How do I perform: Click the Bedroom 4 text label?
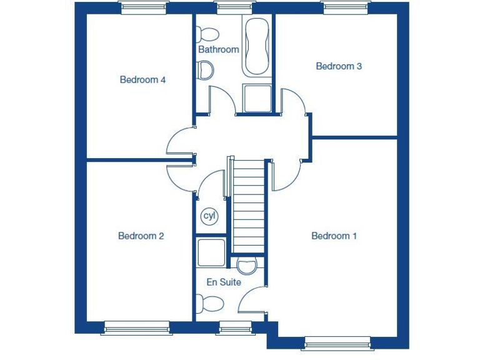click(142, 80)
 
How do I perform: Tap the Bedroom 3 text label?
click(339, 66)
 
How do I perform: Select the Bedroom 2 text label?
click(141, 236)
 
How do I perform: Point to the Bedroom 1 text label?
click(334, 236)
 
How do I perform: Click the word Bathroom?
click(219, 49)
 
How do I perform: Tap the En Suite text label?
click(224, 282)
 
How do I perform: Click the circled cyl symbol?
click(209, 216)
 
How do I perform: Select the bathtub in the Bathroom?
click(257, 46)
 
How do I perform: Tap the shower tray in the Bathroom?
click(257, 99)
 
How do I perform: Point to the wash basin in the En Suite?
click(247, 266)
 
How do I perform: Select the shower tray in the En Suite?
click(211, 253)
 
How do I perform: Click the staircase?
click(249, 206)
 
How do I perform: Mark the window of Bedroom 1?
click(337, 342)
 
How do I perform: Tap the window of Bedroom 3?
click(346, 7)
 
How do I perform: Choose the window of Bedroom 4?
click(144, 7)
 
